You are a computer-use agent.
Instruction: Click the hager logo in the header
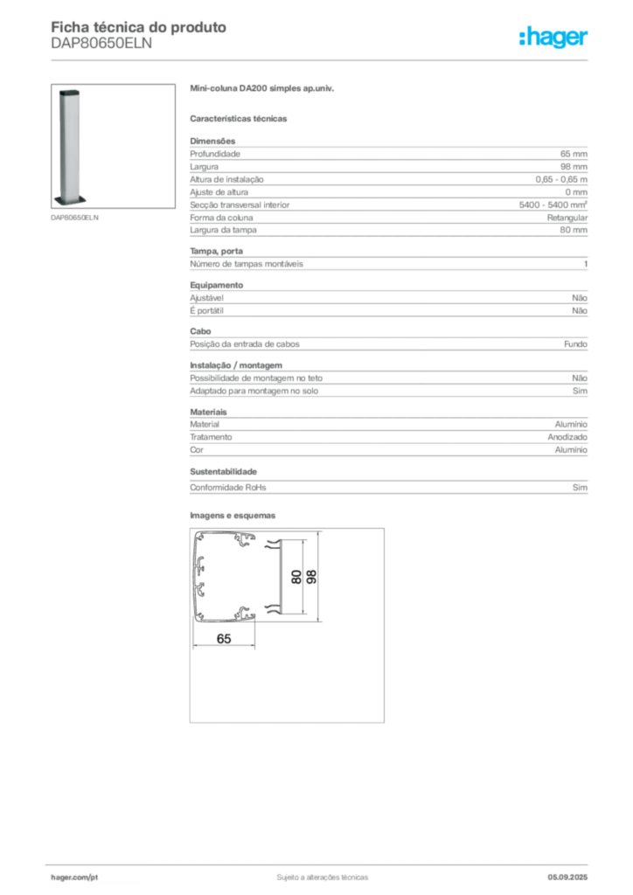[553, 38]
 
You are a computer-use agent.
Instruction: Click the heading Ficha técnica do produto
[139, 27]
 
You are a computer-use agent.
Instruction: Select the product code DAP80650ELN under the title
[101, 44]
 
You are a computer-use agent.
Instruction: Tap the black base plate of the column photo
[70, 200]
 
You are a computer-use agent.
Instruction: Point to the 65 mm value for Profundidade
[574, 154]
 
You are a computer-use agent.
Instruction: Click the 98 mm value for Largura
[574, 167]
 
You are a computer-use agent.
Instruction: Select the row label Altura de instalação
[226, 179]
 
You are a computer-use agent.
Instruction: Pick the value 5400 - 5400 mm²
[553, 205]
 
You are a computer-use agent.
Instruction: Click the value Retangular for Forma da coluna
[567, 218]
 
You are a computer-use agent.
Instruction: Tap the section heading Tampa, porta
[216, 251]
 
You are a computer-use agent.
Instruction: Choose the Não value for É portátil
[580, 310]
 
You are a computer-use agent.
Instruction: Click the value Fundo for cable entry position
[576, 344]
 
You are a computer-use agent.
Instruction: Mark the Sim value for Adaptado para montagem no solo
[580, 391]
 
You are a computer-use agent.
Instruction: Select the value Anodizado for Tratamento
[567, 437]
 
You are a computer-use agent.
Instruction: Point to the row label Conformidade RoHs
[227, 488]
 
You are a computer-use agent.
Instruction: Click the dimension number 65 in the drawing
[224, 639]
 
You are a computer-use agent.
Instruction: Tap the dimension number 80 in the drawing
[296, 577]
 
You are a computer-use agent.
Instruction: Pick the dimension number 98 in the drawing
[311, 577]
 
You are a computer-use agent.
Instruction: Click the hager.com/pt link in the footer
[74, 878]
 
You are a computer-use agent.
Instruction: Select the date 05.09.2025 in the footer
[567, 878]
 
